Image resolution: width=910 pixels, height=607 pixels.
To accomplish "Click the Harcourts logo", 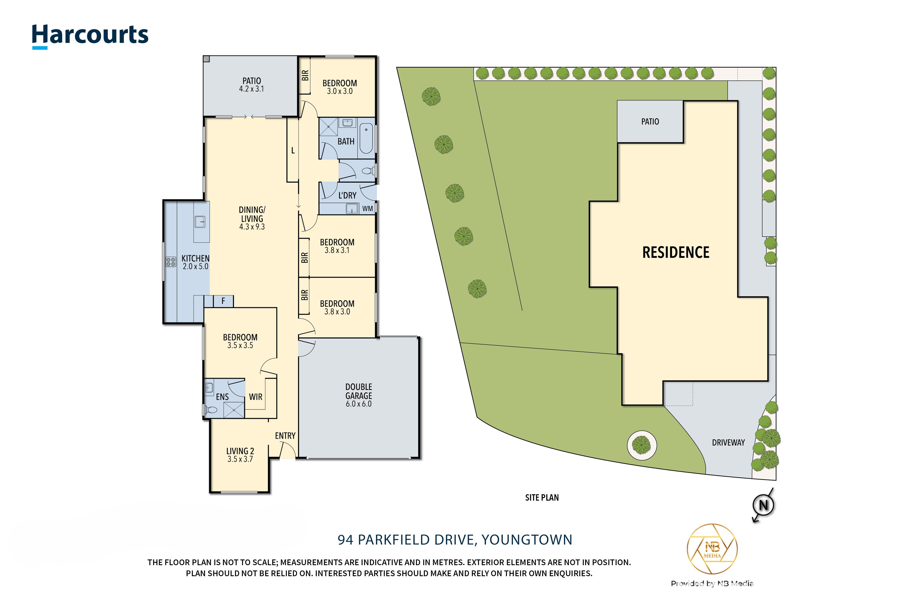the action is pos(90,36).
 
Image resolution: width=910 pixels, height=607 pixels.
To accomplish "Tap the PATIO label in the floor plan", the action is pos(252,81).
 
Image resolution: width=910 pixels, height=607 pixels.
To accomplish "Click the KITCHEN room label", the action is pos(195,258).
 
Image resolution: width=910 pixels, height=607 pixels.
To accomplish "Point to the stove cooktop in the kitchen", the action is pos(171,262).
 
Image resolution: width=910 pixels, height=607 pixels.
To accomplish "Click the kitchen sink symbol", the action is pos(200,222).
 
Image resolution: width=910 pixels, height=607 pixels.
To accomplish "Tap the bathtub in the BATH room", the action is pos(366,138).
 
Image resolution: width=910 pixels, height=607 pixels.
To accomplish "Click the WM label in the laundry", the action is pos(368,209).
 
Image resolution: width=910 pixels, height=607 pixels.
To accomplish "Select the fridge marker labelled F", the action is pos(223,301).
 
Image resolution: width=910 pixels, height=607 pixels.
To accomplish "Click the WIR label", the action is pos(256,397).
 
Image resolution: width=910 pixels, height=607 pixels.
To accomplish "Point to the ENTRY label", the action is pos(285,436).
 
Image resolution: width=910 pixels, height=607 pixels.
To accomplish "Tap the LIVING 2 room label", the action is pos(240,451).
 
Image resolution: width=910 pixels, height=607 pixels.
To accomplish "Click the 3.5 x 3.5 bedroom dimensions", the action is pos(240,345).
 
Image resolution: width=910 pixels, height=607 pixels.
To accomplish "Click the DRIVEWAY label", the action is pos(728,443).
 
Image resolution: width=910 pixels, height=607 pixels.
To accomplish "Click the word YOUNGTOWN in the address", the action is pos(527,540).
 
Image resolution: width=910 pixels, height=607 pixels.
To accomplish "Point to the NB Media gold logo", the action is pos(712,549).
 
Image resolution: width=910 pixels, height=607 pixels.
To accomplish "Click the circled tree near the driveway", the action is pos(641,445).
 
